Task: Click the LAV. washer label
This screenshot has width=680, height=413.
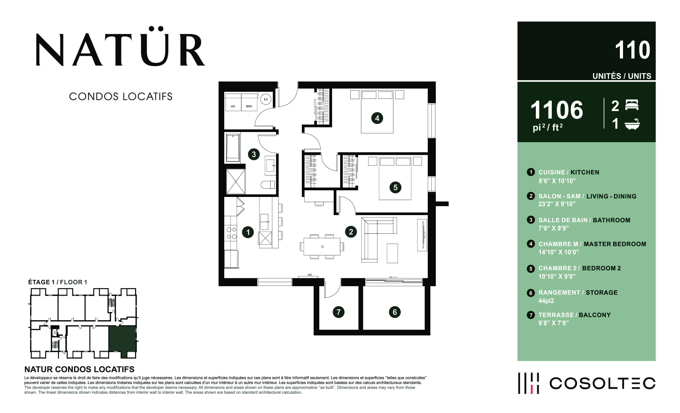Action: click(x=233, y=106)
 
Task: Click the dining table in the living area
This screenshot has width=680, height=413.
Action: click(x=322, y=247)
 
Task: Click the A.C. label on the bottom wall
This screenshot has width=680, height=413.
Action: click(x=310, y=275)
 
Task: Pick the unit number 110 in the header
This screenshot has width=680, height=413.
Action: click(x=633, y=50)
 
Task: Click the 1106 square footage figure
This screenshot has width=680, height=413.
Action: click(x=557, y=110)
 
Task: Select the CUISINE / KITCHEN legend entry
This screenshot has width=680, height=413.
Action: click(x=569, y=172)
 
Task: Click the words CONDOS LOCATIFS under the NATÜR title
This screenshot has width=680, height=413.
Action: click(x=121, y=96)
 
